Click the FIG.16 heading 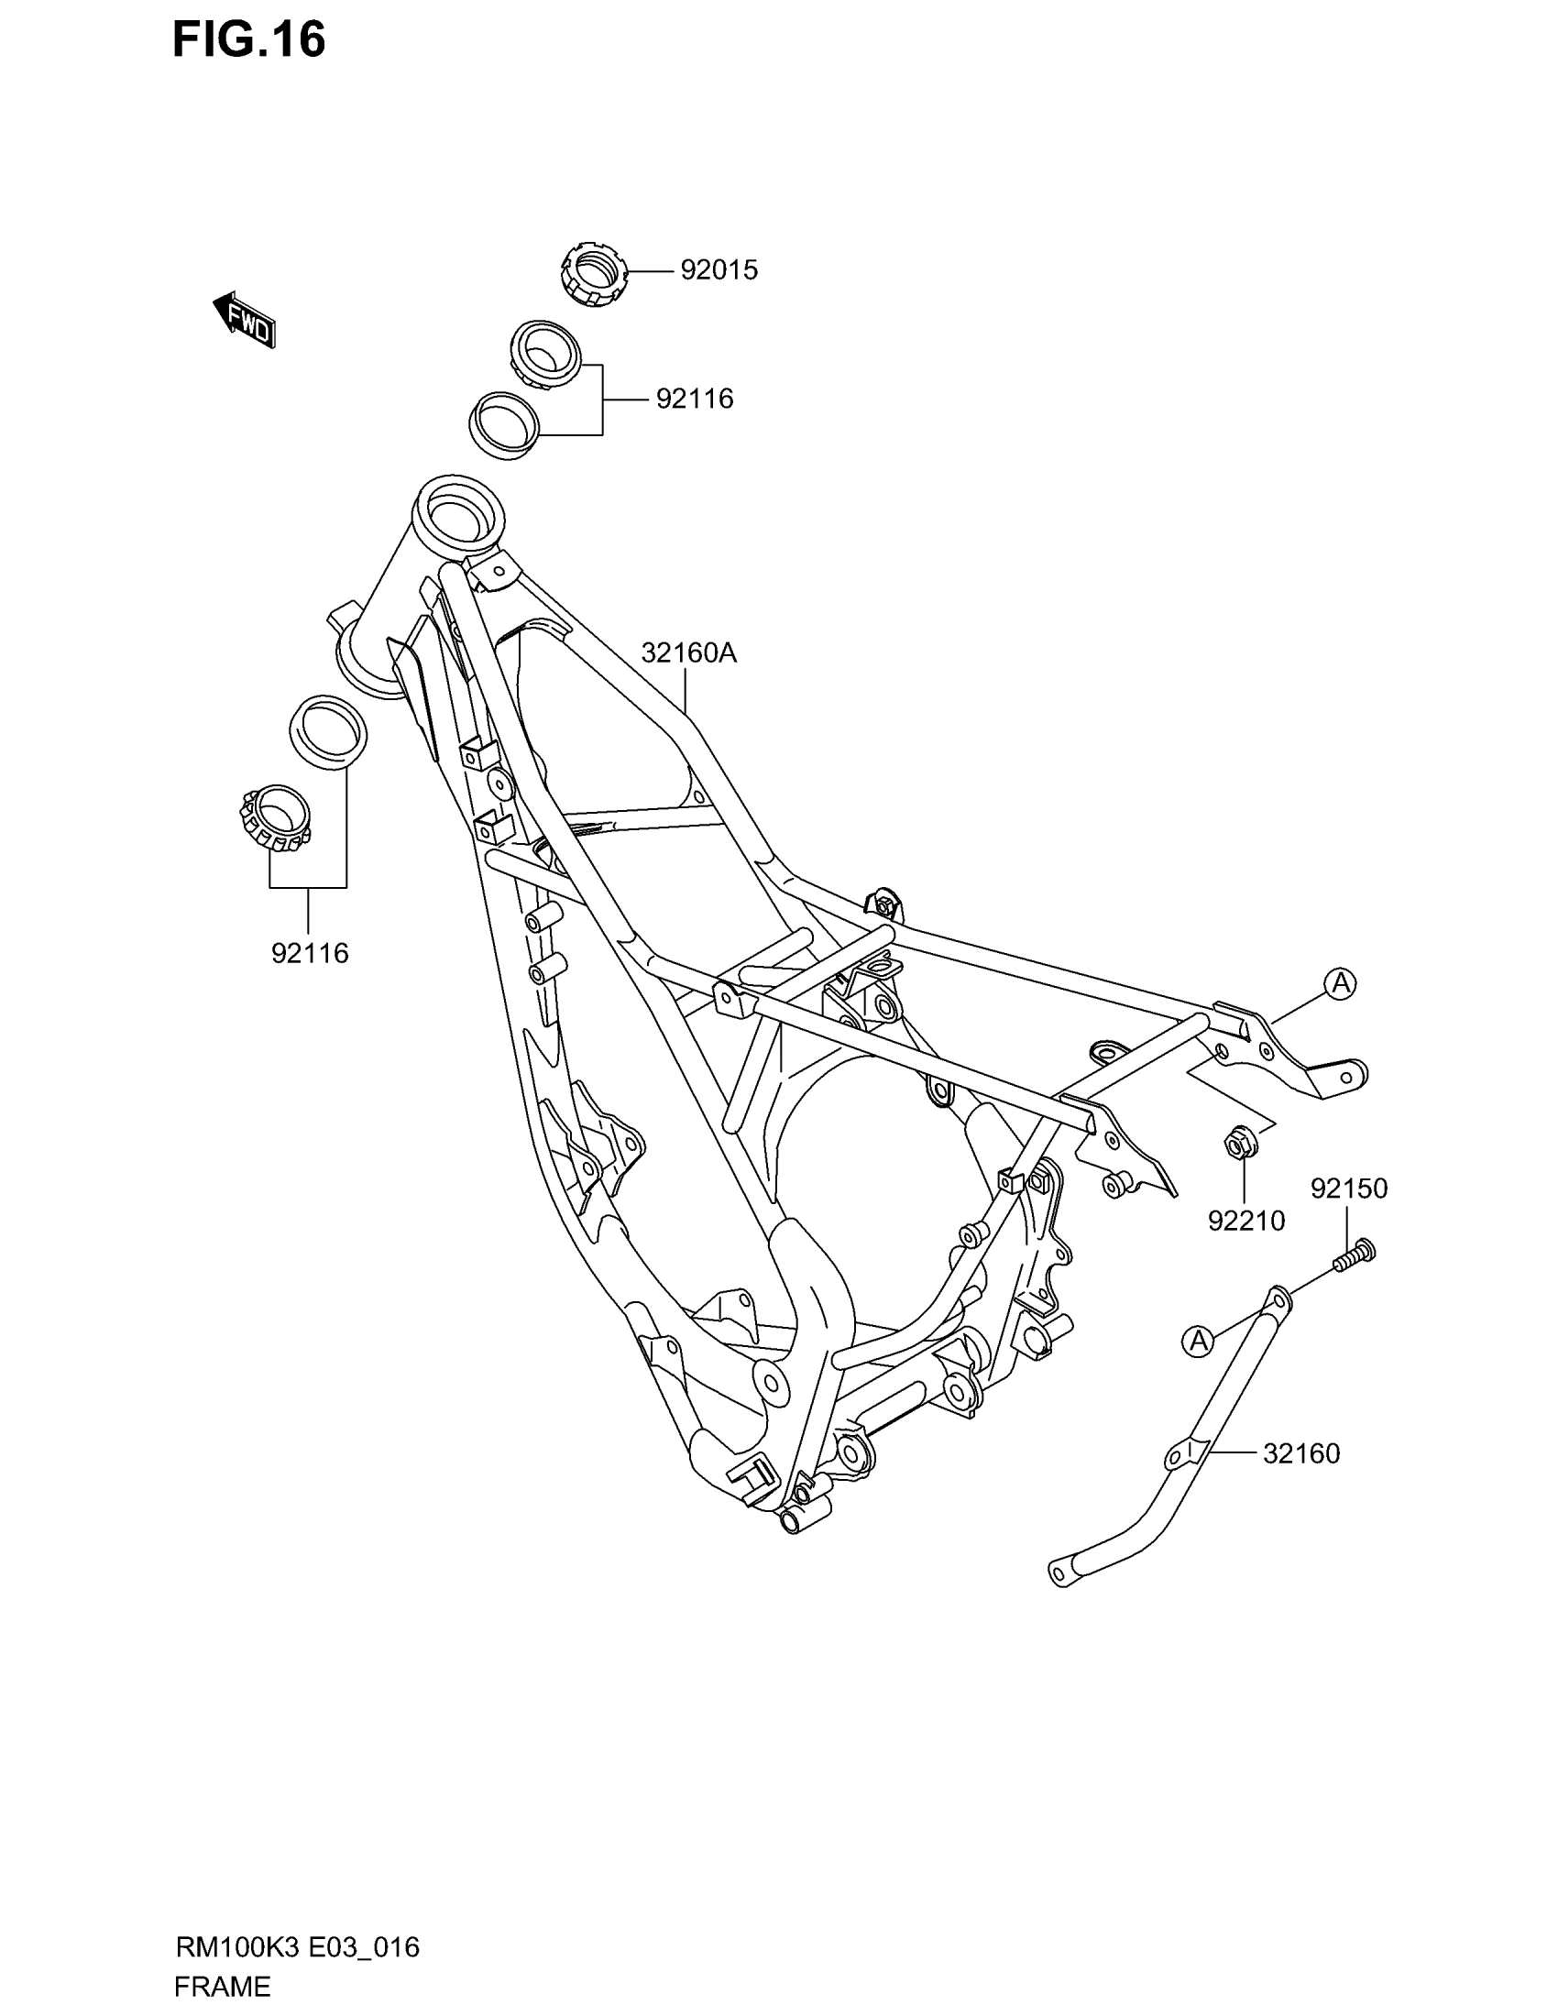click(x=248, y=41)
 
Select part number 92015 click(x=719, y=270)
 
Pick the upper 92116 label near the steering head click(x=694, y=399)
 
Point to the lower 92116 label click(x=309, y=954)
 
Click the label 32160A click(x=688, y=653)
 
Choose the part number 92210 click(x=1246, y=1222)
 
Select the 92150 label click(x=1348, y=1188)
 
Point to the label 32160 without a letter click(x=1300, y=1454)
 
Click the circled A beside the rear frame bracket click(x=1340, y=983)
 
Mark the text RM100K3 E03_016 click(x=297, y=1947)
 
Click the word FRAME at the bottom click(x=222, y=1986)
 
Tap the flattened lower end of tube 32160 click(x=1063, y=1572)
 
